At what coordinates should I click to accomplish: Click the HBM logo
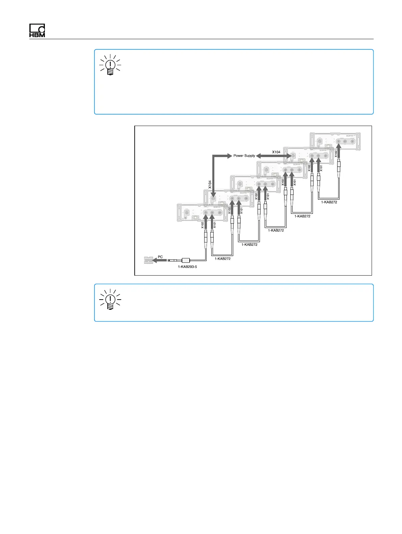[x=37, y=31]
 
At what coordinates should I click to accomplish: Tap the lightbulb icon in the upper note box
[x=110, y=65]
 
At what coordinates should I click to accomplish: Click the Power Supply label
[x=244, y=156]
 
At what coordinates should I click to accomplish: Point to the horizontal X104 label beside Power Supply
[x=276, y=152]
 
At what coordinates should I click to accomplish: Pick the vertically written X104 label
[x=210, y=184]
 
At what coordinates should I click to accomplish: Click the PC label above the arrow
[x=160, y=257]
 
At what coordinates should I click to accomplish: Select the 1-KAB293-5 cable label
[x=187, y=267]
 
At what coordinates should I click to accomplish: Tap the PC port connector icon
[x=149, y=260]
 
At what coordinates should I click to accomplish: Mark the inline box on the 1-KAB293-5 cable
[x=186, y=260]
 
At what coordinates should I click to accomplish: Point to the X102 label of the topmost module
[x=336, y=154]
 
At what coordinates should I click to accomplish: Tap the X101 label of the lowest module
[x=215, y=225]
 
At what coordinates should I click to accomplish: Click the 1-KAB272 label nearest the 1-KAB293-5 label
[x=222, y=259]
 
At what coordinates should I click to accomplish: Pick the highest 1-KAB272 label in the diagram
[x=329, y=202]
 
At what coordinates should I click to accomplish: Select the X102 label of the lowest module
[x=203, y=225]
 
